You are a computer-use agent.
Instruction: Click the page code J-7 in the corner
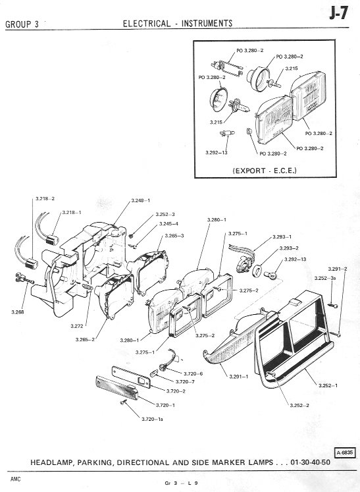(338, 14)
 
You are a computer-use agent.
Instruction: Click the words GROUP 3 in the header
(22, 24)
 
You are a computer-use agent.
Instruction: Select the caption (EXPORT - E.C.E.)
(265, 171)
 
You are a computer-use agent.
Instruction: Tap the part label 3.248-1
(140, 200)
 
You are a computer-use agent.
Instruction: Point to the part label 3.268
(18, 312)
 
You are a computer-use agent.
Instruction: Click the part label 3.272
(77, 326)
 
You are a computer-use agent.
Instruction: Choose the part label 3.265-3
(174, 236)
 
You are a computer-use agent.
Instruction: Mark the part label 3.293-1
(282, 237)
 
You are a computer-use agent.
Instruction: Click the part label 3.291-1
(239, 377)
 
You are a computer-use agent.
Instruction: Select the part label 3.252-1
(328, 385)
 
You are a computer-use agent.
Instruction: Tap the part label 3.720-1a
(152, 419)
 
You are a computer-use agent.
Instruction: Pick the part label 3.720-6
(193, 373)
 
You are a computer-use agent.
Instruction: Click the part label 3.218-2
(45, 199)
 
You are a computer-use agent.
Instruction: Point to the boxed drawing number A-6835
(346, 452)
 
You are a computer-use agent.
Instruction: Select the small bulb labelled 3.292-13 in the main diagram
(270, 275)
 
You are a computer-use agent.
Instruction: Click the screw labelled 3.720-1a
(123, 402)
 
